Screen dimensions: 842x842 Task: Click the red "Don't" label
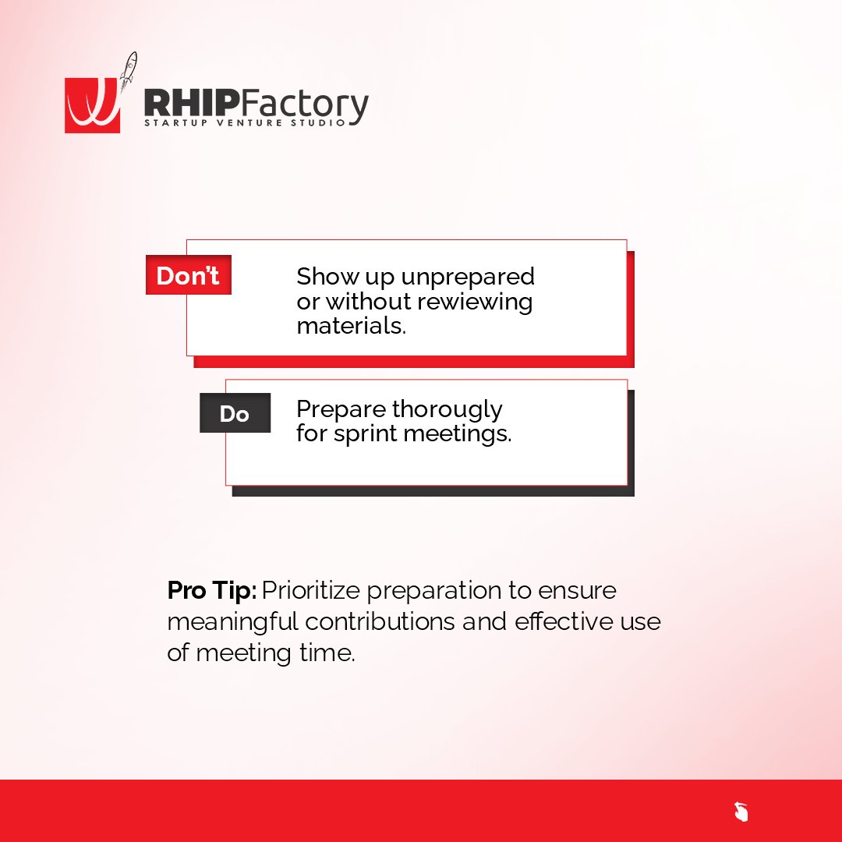(188, 276)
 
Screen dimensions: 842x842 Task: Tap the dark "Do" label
(235, 414)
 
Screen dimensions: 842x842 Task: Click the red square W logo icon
(92, 105)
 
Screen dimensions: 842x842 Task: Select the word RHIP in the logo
(187, 105)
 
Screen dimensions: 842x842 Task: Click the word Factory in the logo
(300, 106)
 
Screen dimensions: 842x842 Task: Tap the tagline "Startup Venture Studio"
(244, 123)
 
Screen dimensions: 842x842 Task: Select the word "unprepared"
(468, 277)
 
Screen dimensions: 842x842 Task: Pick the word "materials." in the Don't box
(352, 326)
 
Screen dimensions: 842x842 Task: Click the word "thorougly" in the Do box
(447, 409)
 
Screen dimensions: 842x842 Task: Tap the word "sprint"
(366, 433)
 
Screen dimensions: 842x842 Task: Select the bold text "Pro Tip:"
(212, 590)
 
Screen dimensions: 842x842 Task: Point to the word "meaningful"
(233, 622)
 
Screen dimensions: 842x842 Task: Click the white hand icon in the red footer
(741, 812)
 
